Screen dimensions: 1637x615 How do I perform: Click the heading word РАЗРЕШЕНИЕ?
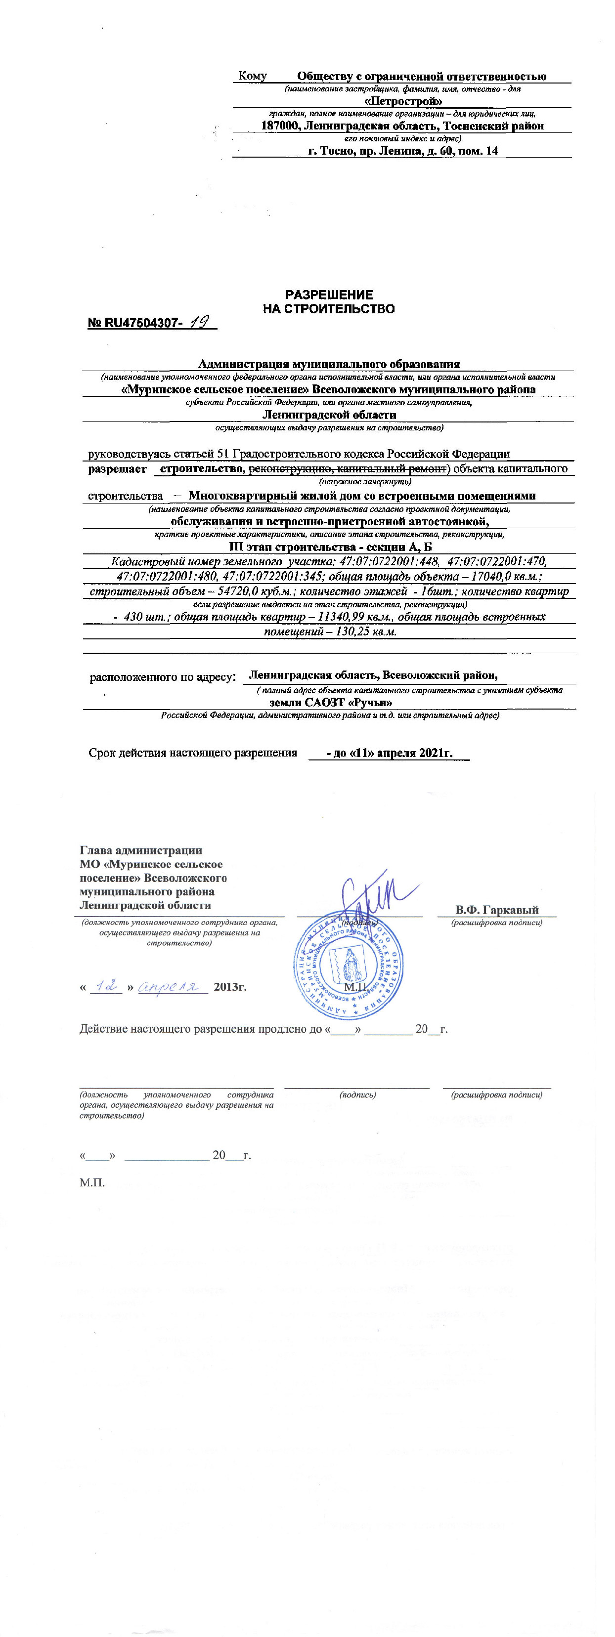328,295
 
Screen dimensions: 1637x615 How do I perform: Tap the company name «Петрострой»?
404,101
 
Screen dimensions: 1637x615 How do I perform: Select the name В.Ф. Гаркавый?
497,909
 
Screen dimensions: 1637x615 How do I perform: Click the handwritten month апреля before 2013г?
172,986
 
